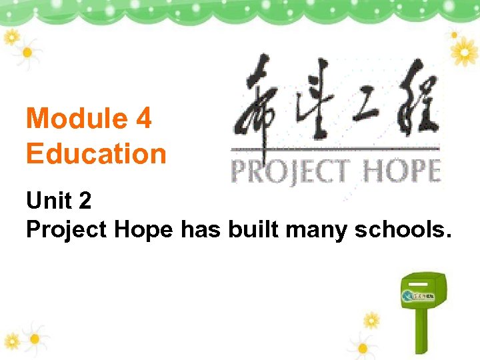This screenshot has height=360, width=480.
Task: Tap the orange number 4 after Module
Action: [x=143, y=119]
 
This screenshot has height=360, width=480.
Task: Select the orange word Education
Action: [x=96, y=154]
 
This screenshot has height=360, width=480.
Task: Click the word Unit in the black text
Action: [x=48, y=201]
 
